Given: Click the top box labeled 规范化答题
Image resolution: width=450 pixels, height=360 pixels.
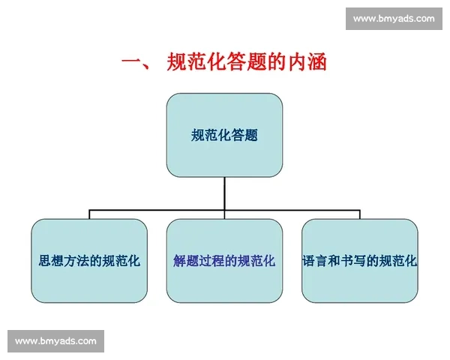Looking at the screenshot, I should coord(224,135).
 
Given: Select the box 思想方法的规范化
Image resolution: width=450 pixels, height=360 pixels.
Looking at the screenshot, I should coord(89,261).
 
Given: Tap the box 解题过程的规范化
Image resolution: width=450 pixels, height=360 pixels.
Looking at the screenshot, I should coord(224,261).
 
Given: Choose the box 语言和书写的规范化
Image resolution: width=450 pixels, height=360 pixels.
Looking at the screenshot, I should coord(359,261).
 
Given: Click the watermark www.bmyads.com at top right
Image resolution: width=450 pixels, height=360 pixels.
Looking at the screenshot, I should coord(393,18).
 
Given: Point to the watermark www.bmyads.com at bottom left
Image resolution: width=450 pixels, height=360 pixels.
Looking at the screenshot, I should coord(56,341).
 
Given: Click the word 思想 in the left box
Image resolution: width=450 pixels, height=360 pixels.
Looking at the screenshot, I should coord(50,262).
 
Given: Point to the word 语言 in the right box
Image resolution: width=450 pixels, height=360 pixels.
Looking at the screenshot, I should coord(314,262).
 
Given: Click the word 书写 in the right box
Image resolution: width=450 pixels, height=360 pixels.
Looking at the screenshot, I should coord(352,262).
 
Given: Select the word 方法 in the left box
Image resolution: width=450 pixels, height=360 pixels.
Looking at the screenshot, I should coord(76,262).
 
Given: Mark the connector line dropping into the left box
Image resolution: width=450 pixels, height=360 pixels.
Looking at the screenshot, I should coord(89,214).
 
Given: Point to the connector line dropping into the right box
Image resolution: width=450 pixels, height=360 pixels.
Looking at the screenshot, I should coord(359,214).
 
